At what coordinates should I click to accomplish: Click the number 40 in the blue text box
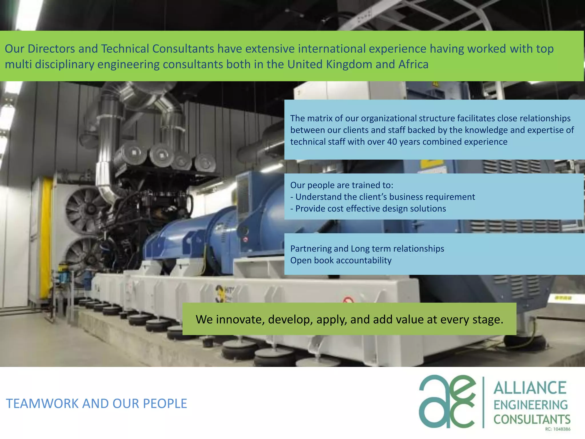(x=392, y=142)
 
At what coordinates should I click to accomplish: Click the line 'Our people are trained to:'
(x=342, y=185)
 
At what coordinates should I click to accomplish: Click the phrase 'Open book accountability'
(x=341, y=260)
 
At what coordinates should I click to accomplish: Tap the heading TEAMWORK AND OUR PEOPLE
(x=97, y=404)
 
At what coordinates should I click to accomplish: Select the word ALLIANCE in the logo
(x=530, y=388)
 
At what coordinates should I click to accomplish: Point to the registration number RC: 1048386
(x=558, y=429)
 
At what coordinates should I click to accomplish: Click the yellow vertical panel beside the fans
(x=46, y=237)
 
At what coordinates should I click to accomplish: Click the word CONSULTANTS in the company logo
(x=532, y=419)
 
